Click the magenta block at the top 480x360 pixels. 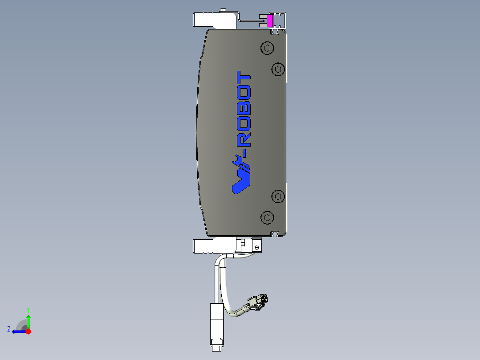pyautogui.click(x=269, y=20)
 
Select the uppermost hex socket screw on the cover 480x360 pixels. pyautogui.click(x=267, y=49)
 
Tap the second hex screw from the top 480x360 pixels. pyautogui.click(x=278, y=69)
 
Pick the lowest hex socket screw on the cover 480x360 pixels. pyautogui.click(x=267, y=217)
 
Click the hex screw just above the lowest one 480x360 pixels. pyautogui.click(x=278, y=196)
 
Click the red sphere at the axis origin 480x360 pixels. pyautogui.click(x=28, y=331)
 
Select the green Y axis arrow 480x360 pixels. pyautogui.click(x=28, y=321)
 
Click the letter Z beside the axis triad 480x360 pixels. pyautogui.click(x=9, y=329)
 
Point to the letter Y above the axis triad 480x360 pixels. pyautogui.click(x=28, y=309)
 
